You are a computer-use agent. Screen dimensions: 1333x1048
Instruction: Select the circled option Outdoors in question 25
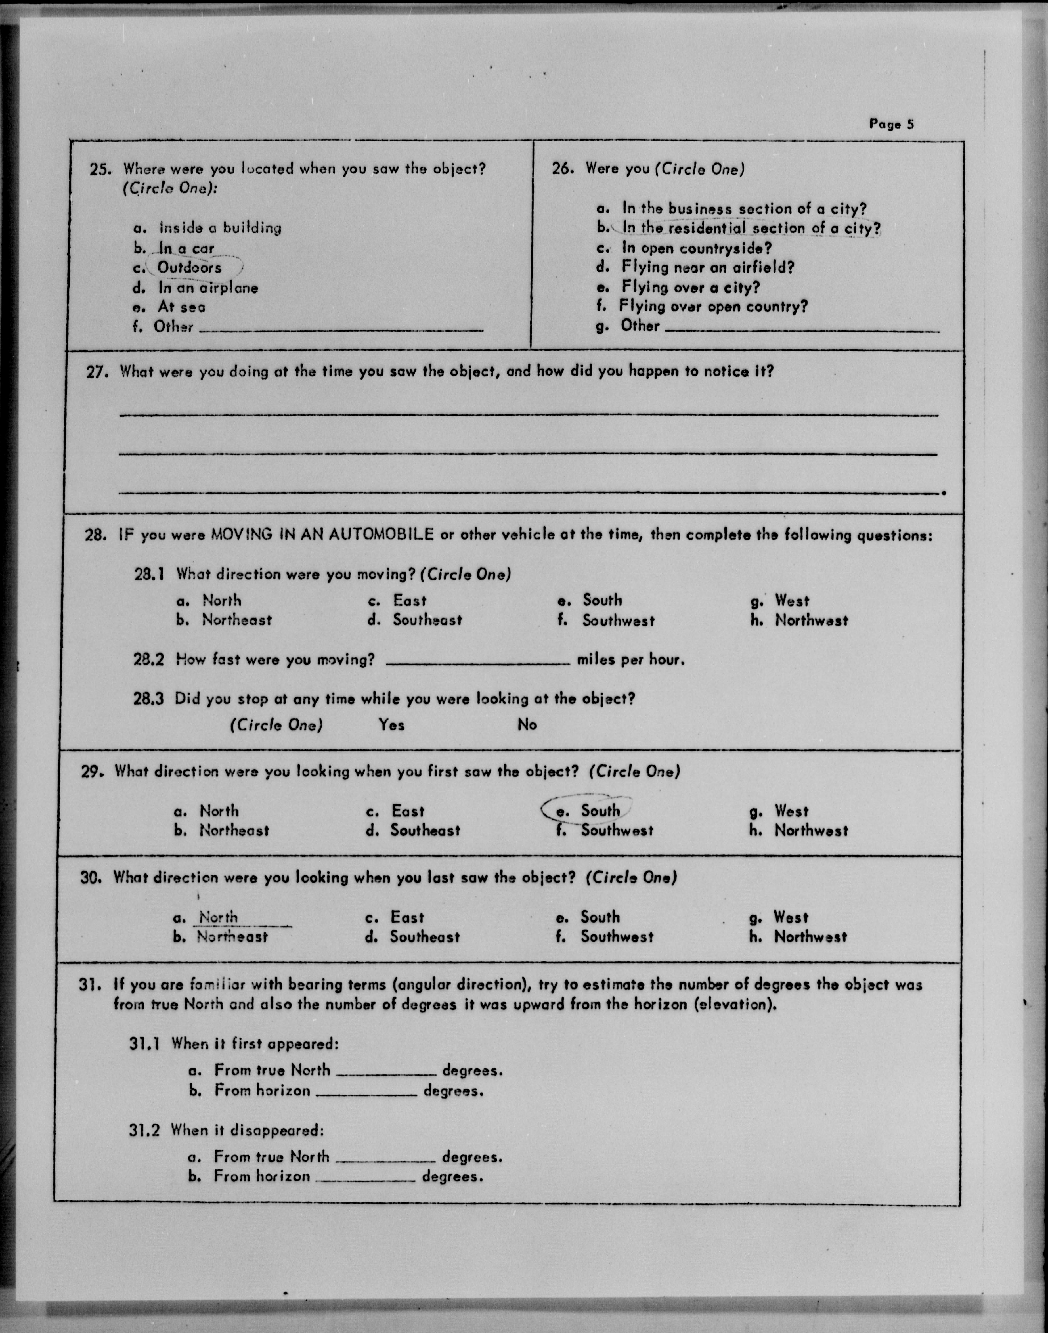point(190,267)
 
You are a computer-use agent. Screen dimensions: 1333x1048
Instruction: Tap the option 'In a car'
point(186,248)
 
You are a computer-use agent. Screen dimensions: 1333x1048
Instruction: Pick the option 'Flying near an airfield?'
point(708,267)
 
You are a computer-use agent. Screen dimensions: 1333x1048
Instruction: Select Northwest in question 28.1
point(811,620)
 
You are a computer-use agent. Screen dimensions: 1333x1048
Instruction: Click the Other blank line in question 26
point(802,330)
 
